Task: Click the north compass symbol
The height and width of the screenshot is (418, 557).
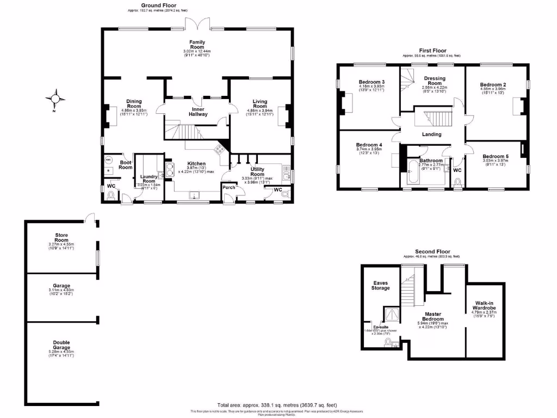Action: click(55, 99)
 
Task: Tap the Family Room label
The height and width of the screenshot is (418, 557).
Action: click(196, 45)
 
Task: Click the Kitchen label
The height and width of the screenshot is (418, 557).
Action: click(196, 164)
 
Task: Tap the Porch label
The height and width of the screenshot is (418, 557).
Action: click(228, 188)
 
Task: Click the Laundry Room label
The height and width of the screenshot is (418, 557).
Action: click(148, 178)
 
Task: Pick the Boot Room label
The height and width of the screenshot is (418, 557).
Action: click(126, 164)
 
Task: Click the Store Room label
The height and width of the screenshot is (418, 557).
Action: click(61, 237)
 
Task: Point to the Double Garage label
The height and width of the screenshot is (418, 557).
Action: click(61, 345)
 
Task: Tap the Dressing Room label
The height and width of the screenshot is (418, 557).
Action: click(435, 81)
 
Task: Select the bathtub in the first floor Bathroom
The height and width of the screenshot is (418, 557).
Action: click(411, 173)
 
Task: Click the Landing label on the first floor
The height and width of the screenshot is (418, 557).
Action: click(431, 134)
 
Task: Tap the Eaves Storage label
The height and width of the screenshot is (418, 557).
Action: click(381, 285)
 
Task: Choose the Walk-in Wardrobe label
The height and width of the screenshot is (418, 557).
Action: click(484, 305)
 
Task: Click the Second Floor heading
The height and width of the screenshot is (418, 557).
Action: click(431, 251)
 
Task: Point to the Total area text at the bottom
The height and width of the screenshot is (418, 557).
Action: click(277, 405)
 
